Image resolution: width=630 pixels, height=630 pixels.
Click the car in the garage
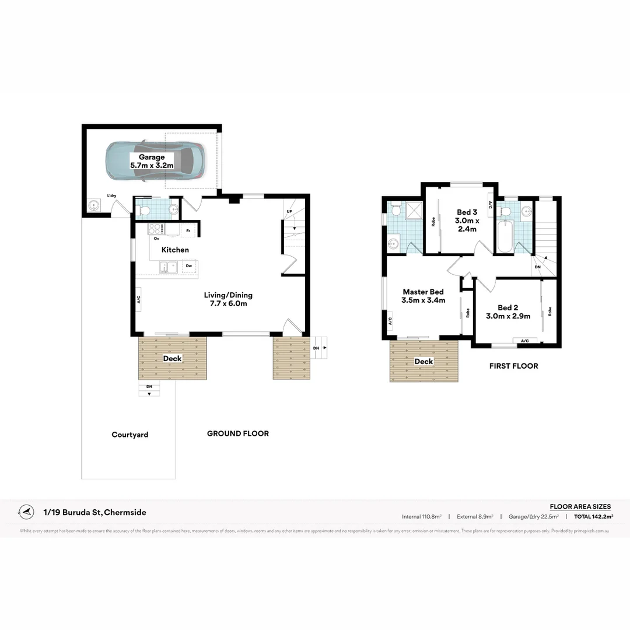155,161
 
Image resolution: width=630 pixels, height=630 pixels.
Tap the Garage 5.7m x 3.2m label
152,162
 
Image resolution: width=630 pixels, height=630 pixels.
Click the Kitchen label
175,250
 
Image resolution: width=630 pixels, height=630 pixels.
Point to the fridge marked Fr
188,231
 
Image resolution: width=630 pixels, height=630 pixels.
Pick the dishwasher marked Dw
188,266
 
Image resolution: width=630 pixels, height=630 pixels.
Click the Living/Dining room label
228,299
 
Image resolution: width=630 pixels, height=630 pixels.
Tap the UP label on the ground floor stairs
289,211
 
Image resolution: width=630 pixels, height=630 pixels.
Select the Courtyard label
129,435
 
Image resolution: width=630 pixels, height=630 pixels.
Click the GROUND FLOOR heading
238,433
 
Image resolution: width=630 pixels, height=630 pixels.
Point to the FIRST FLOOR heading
513,366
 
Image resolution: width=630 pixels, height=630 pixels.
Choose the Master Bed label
423,296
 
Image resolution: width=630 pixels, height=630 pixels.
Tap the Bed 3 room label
467,220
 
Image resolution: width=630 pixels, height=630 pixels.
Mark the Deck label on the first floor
423,362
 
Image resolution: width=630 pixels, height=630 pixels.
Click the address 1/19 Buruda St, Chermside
95,513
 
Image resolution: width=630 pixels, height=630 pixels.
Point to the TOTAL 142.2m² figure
593,516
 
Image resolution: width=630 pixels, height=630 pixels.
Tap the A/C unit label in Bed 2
524,341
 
